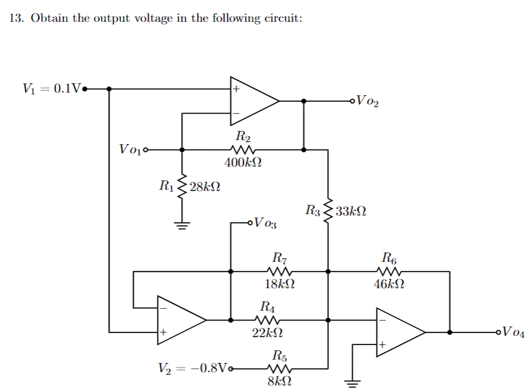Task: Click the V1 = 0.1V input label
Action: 51,88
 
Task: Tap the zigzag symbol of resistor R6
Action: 388,271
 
